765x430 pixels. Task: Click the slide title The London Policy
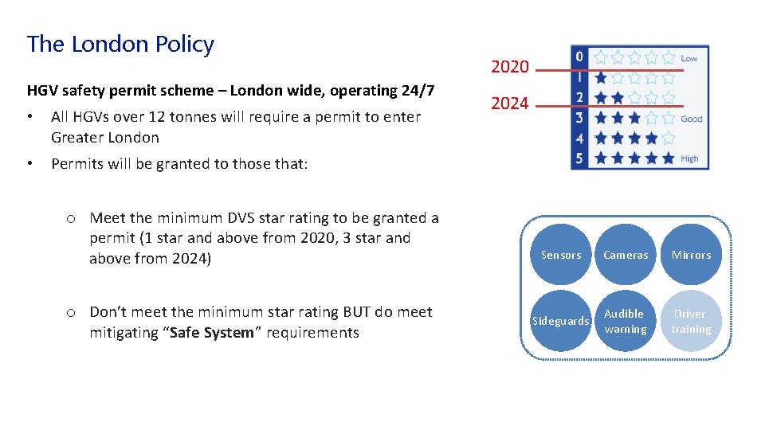(120, 45)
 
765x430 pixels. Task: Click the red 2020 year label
(510, 67)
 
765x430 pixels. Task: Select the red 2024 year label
(510, 104)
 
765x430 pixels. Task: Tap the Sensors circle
(561, 255)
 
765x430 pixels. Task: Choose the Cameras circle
(626, 255)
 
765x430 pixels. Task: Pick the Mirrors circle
(691, 255)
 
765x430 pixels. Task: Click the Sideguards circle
(561, 321)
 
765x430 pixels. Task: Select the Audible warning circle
(626, 321)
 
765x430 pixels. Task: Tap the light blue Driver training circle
(691, 321)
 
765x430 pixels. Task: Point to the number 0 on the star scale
(580, 57)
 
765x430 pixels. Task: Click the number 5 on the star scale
(580, 158)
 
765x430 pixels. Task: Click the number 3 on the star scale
(580, 118)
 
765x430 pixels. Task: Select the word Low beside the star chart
(689, 58)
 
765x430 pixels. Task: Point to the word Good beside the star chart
(692, 119)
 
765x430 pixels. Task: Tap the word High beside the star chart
(689, 158)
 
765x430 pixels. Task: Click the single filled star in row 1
(601, 77)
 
